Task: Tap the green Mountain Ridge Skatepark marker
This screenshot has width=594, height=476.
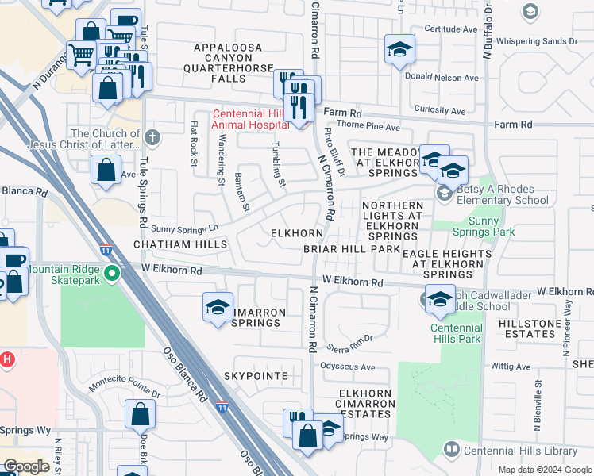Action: (x=112, y=274)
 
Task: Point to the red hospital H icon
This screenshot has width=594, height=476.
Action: (x=7, y=359)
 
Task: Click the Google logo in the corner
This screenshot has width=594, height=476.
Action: (x=26, y=466)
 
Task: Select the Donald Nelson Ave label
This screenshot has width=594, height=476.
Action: (x=442, y=78)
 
